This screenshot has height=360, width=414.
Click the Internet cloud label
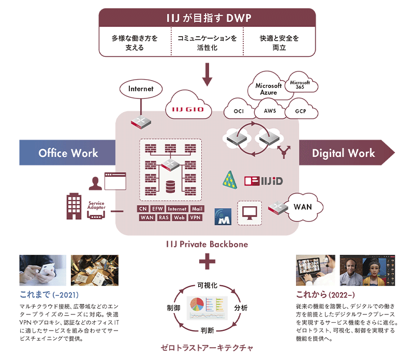coord(141,88)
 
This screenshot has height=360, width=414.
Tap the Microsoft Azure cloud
coord(269,88)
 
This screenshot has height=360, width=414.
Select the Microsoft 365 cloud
coord(300,85)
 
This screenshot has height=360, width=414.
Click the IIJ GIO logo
coord(188,109)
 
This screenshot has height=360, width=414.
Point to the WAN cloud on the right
coord(302,207)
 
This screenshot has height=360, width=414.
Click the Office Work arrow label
coord(68,153)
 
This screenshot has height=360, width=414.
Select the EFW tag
coord(158,209)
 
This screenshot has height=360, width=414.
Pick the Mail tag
coord(197,209)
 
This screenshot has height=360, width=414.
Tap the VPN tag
coord(195,218)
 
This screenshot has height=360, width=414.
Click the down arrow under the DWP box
coord(208,75)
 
